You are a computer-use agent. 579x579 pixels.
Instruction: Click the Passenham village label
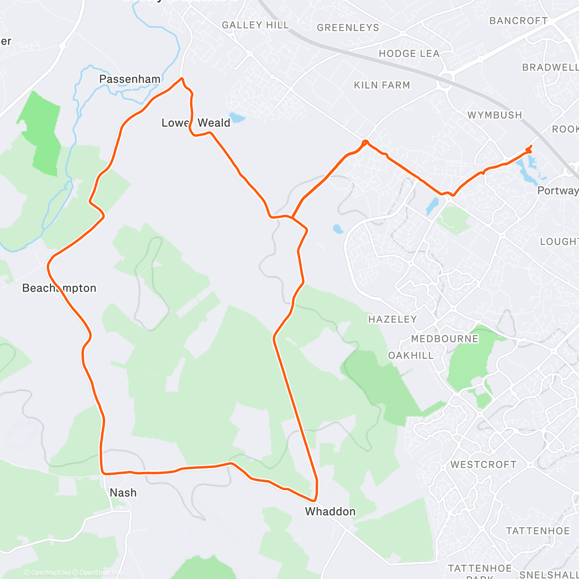pyautogui.click(x=129, y=79)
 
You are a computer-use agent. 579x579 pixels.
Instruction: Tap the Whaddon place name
pyautogui.click(x=330, y=511)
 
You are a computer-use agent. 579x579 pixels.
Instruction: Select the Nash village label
pyautogui.click(x=123, y=493)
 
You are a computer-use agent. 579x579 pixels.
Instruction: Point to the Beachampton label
pyautogui.click(x=59, y=288)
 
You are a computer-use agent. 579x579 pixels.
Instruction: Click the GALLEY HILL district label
pyautogui.click(x=255, y=25)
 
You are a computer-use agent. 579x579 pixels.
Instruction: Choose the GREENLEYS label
pyautogui.click(x=348, y=28)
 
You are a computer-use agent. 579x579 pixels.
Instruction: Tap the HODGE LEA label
pyautogui.click(x=409, y=54)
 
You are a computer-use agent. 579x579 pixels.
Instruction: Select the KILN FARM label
pyautogui.click(x=382, y=85)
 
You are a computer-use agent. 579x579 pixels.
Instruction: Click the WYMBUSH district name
pyautogui.click(x=495, y=115)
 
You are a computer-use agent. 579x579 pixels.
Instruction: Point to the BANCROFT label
pyautogui.click(x=518, y=21)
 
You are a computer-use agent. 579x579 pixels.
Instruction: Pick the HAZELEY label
pyautogui.click(x=392, y=319)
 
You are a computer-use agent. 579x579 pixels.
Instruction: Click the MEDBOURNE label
pyautogui.click(x=444, y=339)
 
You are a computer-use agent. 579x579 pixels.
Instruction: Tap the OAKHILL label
pyautogui.click(x=411, y=356)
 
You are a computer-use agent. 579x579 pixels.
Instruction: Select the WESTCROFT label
pyautogui.click(x=483, y=465)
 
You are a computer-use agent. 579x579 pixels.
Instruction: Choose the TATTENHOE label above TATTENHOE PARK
pyautogui.click(x=538, y=531)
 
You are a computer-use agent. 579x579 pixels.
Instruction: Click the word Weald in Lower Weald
pyautogui.click(x=214, y=123)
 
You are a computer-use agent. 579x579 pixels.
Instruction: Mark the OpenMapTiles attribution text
pyautogui.click(x=50, y=573)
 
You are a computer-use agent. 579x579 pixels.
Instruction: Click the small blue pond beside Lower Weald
pyautogui.click(x=237, y=117)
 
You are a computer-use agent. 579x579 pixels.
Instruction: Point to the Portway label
pyautogui.click(x=558, y=191)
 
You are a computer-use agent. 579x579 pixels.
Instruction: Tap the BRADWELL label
pyautogui.click(x=550, y=68)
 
